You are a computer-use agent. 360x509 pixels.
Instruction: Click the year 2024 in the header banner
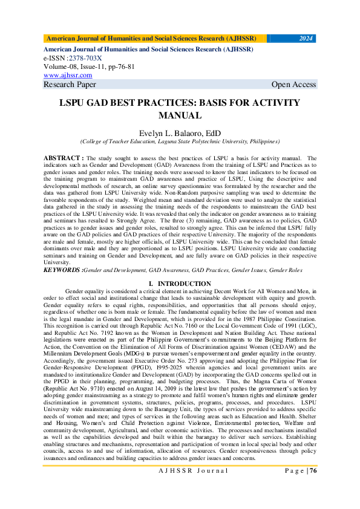click(306, 38)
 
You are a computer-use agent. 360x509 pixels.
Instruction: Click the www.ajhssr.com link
click(68, 76)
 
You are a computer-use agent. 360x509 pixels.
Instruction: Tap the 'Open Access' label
click(294, 85)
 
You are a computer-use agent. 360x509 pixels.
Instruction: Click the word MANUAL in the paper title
click(180, 115)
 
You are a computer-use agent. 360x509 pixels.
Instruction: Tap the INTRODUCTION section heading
click(184, 284)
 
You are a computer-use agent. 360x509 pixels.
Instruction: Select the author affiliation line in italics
click(180, 141)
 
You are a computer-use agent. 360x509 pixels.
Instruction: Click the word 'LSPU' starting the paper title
click(74, 103)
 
